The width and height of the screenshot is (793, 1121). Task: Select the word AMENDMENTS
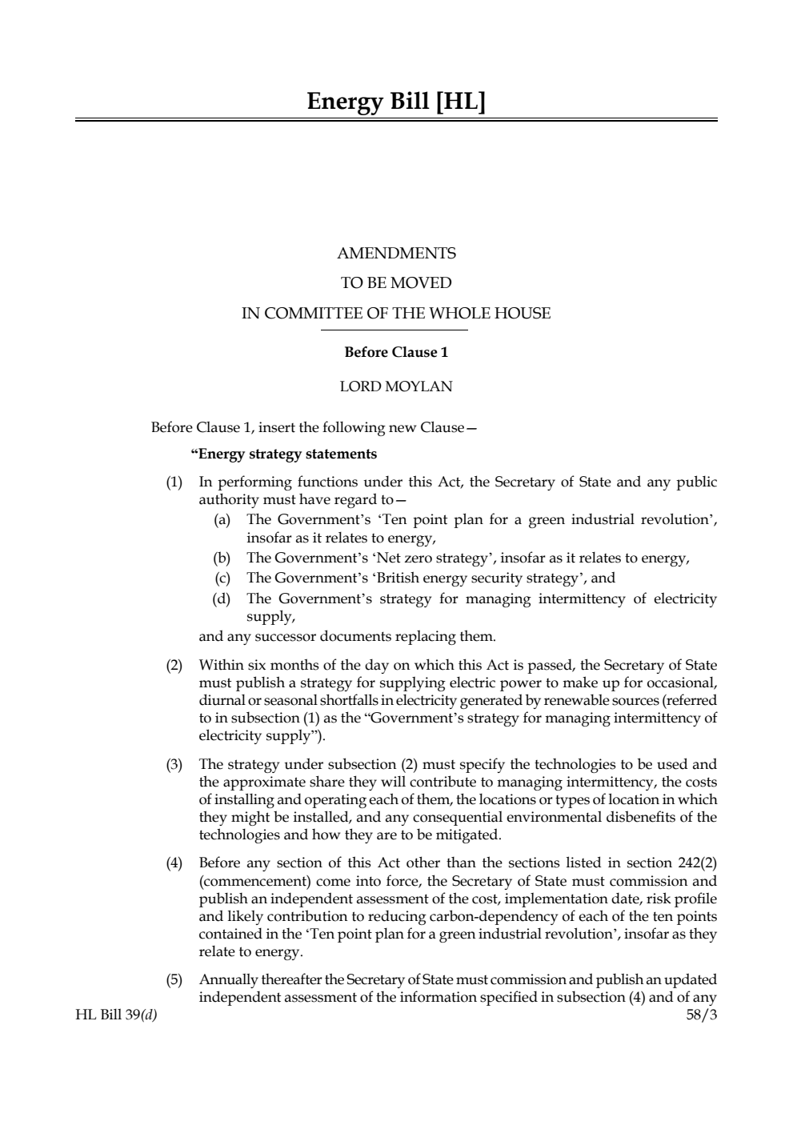pos(396,254)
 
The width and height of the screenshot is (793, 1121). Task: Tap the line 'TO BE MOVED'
pos(396,283)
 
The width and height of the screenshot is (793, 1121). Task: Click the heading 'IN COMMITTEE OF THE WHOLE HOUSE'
pos(396,314)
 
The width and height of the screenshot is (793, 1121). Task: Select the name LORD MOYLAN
pos(396,386)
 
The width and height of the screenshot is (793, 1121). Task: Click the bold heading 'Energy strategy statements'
pos(284,454)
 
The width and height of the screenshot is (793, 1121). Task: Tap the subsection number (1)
pos(174,482)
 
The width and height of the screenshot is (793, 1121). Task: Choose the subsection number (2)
pos(174,666)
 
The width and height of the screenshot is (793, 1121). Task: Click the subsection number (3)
pos(174,765)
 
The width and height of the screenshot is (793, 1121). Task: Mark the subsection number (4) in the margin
pos(174,863)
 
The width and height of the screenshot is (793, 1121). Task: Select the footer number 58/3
pos(702,1015)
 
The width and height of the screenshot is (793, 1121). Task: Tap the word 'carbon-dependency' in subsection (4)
pos(479,917)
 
